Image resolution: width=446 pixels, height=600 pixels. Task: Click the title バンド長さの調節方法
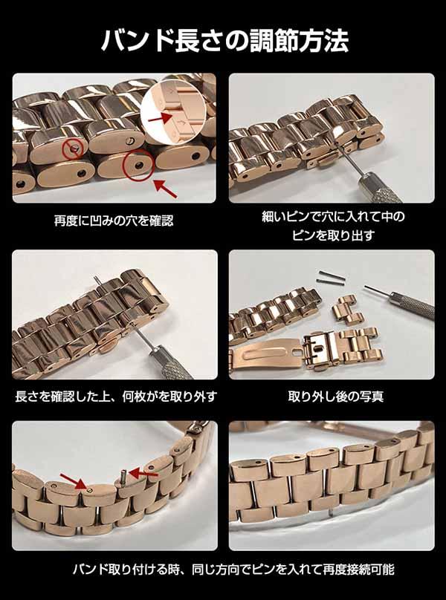(x=224, y=40)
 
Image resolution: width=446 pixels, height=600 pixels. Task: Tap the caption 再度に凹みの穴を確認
(x=114, y=221)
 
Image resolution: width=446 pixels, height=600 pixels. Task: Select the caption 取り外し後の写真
(x=336, y=397)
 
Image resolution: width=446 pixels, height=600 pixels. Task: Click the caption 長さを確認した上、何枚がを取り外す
(x=116, y=397)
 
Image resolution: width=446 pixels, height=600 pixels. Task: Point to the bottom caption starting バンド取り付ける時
(x=233, y=570)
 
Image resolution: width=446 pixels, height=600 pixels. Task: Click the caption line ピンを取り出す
(x=332, y=235)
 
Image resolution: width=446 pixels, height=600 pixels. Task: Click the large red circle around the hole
(x=138, y=165)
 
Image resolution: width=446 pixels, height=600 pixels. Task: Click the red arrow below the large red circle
(x=165, y=189)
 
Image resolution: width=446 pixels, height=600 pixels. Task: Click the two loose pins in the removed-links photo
(x=331, y=277)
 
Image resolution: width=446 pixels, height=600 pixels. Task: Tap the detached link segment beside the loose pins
(x=348, y=310)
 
